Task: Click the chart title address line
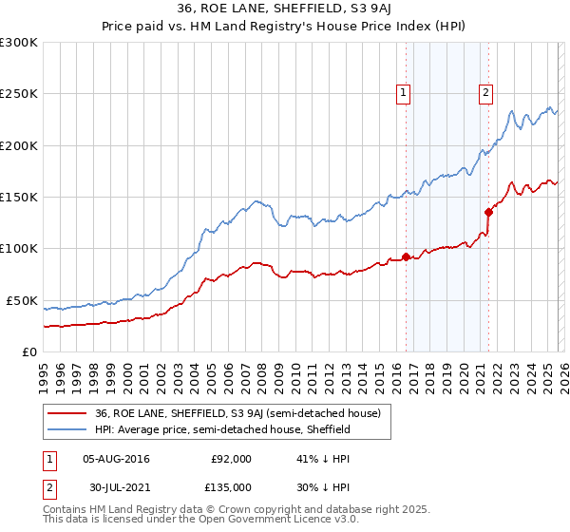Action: (284, 9)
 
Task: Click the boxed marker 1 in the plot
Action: (404, 92)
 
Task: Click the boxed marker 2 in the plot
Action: (485, 92)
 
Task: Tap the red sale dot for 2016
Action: (406, 256)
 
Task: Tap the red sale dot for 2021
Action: (489, 212)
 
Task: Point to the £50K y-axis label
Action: (22, 300)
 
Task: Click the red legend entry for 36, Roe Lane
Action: (237, 413)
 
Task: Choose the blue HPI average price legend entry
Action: (223, 429)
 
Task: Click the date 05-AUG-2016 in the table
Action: (116, 459)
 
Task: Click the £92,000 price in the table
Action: (229, 459)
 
